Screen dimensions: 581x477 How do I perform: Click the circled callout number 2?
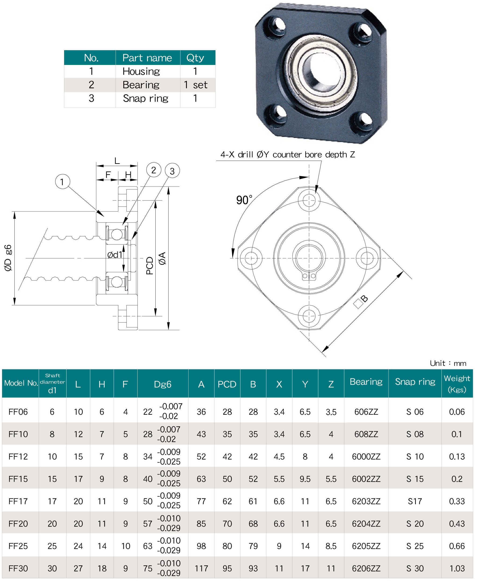[154, 170]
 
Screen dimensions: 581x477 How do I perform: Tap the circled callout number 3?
[172, 171]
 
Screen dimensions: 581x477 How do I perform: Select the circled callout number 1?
[62, 182]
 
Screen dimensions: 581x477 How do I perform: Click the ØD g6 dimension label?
[8, 258]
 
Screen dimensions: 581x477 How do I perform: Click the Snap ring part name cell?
[145, 98]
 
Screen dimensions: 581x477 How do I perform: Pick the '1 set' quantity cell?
[195, 85]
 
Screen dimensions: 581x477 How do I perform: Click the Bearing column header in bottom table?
[366, 382]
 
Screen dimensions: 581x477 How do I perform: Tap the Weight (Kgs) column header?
[457, 383]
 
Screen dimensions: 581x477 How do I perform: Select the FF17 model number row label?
[18, 501]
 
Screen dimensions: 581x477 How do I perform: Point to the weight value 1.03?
[457, 568]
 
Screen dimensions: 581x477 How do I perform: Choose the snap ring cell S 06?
[415, 412]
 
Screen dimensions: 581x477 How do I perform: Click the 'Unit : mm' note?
[448, 363]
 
